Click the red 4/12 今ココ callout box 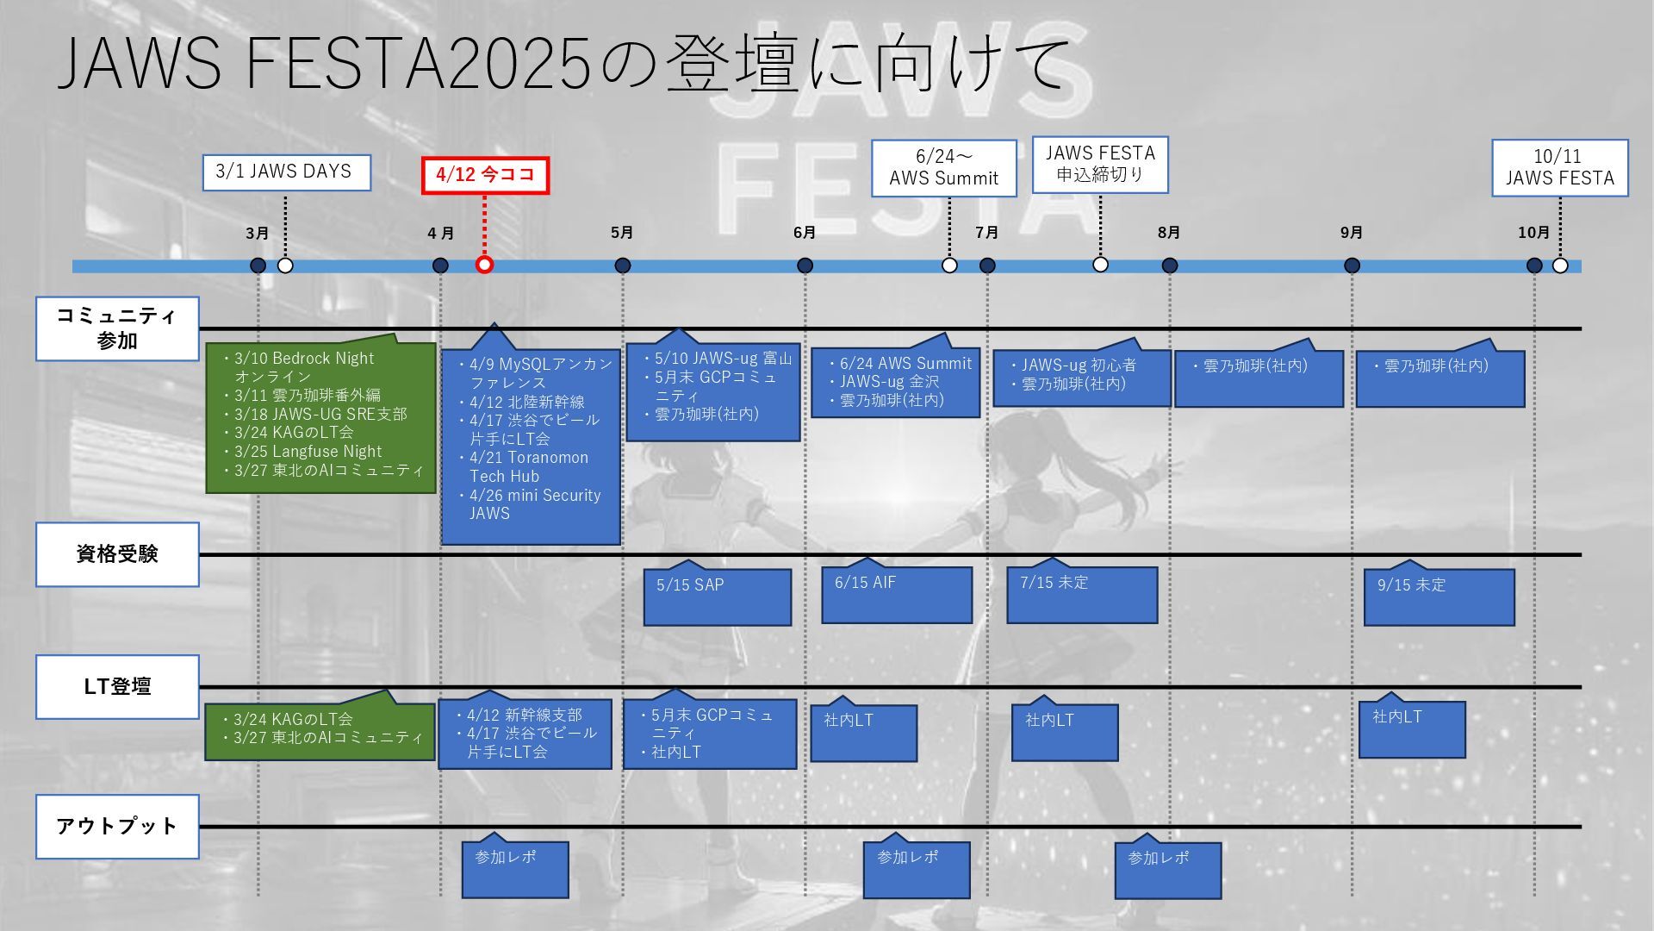click(x=485, y=175)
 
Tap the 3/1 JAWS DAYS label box click(x=287, y=172)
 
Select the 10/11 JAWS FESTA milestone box click(x=1559, y=167)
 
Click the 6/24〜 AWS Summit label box click(x=943, y=167)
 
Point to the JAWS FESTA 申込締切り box click(x=1099, y=164)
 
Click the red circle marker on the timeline click(x=484, y=265)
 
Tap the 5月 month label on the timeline click(x=622, y=233)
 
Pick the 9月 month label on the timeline click(x=1351, y=233)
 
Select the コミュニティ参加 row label click(x=117, y=328)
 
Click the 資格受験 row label click(x=117, y=554)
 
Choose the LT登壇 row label click(x=117, y=687)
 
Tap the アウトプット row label click(x=117, y=827)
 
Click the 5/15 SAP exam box click(x=717, y=596)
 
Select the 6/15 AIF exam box click(x=896, y=594)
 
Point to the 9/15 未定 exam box click(x=1439, y=596)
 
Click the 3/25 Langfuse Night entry click(x=308, y=452)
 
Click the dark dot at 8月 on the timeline click(x=1169, y=266)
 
